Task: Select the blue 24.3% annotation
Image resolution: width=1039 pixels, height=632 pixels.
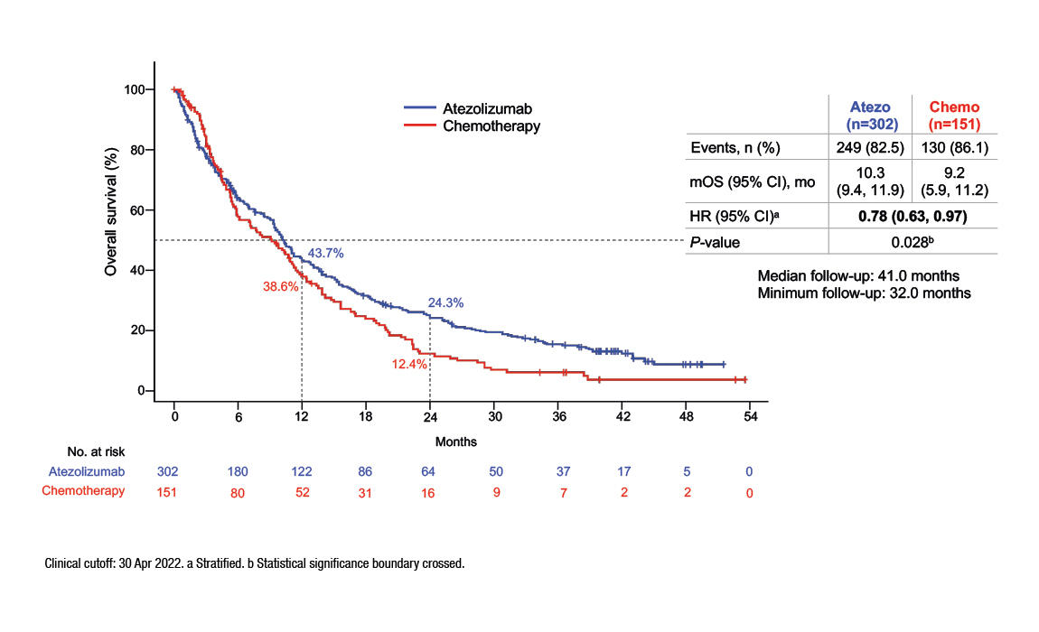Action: (x=445, y=303)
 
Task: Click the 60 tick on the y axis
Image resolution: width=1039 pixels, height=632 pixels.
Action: (x=136, y=210)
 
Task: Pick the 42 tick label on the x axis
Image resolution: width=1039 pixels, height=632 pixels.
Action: (x=622, y=417)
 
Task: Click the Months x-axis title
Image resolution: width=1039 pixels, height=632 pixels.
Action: (x=456, y=442)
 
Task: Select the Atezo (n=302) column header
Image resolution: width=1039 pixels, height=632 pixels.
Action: (x=870, y=115)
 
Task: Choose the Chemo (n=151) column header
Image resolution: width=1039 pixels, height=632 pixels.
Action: (x=956, y=115)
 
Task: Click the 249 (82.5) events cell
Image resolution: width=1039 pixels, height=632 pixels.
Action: (x=870, y=147)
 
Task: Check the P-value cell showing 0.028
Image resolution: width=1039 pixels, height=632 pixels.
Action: (x=913, y=241)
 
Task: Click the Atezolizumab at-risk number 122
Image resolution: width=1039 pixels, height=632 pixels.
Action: (x=302, y=471)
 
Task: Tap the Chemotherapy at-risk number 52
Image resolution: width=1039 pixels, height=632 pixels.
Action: (x=302, y=491)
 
